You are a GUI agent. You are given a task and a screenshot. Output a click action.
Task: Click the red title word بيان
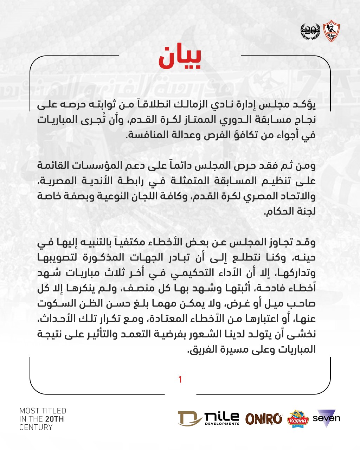pyautogui.click(x=180, y=58)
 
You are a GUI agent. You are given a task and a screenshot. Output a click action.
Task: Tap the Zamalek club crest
pyautogui.click(x=330, y=31)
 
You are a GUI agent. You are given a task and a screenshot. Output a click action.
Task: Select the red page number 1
pyautogui.click(x=180, y=380)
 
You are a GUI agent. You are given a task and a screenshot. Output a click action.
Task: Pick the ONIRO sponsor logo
pyautogui.click(x=264, y=419)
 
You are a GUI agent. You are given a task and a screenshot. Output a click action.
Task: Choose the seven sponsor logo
pyautogui.click(x=326, y=418)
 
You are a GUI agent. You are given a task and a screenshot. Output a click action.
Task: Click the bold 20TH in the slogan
pyautogui.click(x=54, y=419)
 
